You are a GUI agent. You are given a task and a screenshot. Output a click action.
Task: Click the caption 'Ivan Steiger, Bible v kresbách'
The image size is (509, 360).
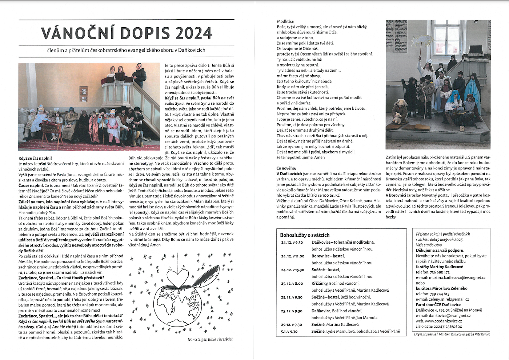coord(210,339)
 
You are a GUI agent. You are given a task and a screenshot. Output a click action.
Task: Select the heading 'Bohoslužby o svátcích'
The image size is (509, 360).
coord(305,235)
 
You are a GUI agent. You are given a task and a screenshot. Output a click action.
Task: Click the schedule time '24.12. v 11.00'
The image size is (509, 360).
coord(292,256)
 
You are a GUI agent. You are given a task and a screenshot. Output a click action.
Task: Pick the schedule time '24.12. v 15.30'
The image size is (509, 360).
coord(292,270)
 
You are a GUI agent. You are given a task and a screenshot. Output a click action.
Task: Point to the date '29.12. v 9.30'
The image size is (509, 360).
coord(291,325)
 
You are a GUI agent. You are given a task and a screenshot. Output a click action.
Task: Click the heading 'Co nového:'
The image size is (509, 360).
coord(286,168)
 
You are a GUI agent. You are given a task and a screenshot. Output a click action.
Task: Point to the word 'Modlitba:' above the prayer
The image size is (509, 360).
coord(285,21)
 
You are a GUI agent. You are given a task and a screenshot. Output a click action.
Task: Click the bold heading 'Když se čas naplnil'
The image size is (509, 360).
coord(35,158)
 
